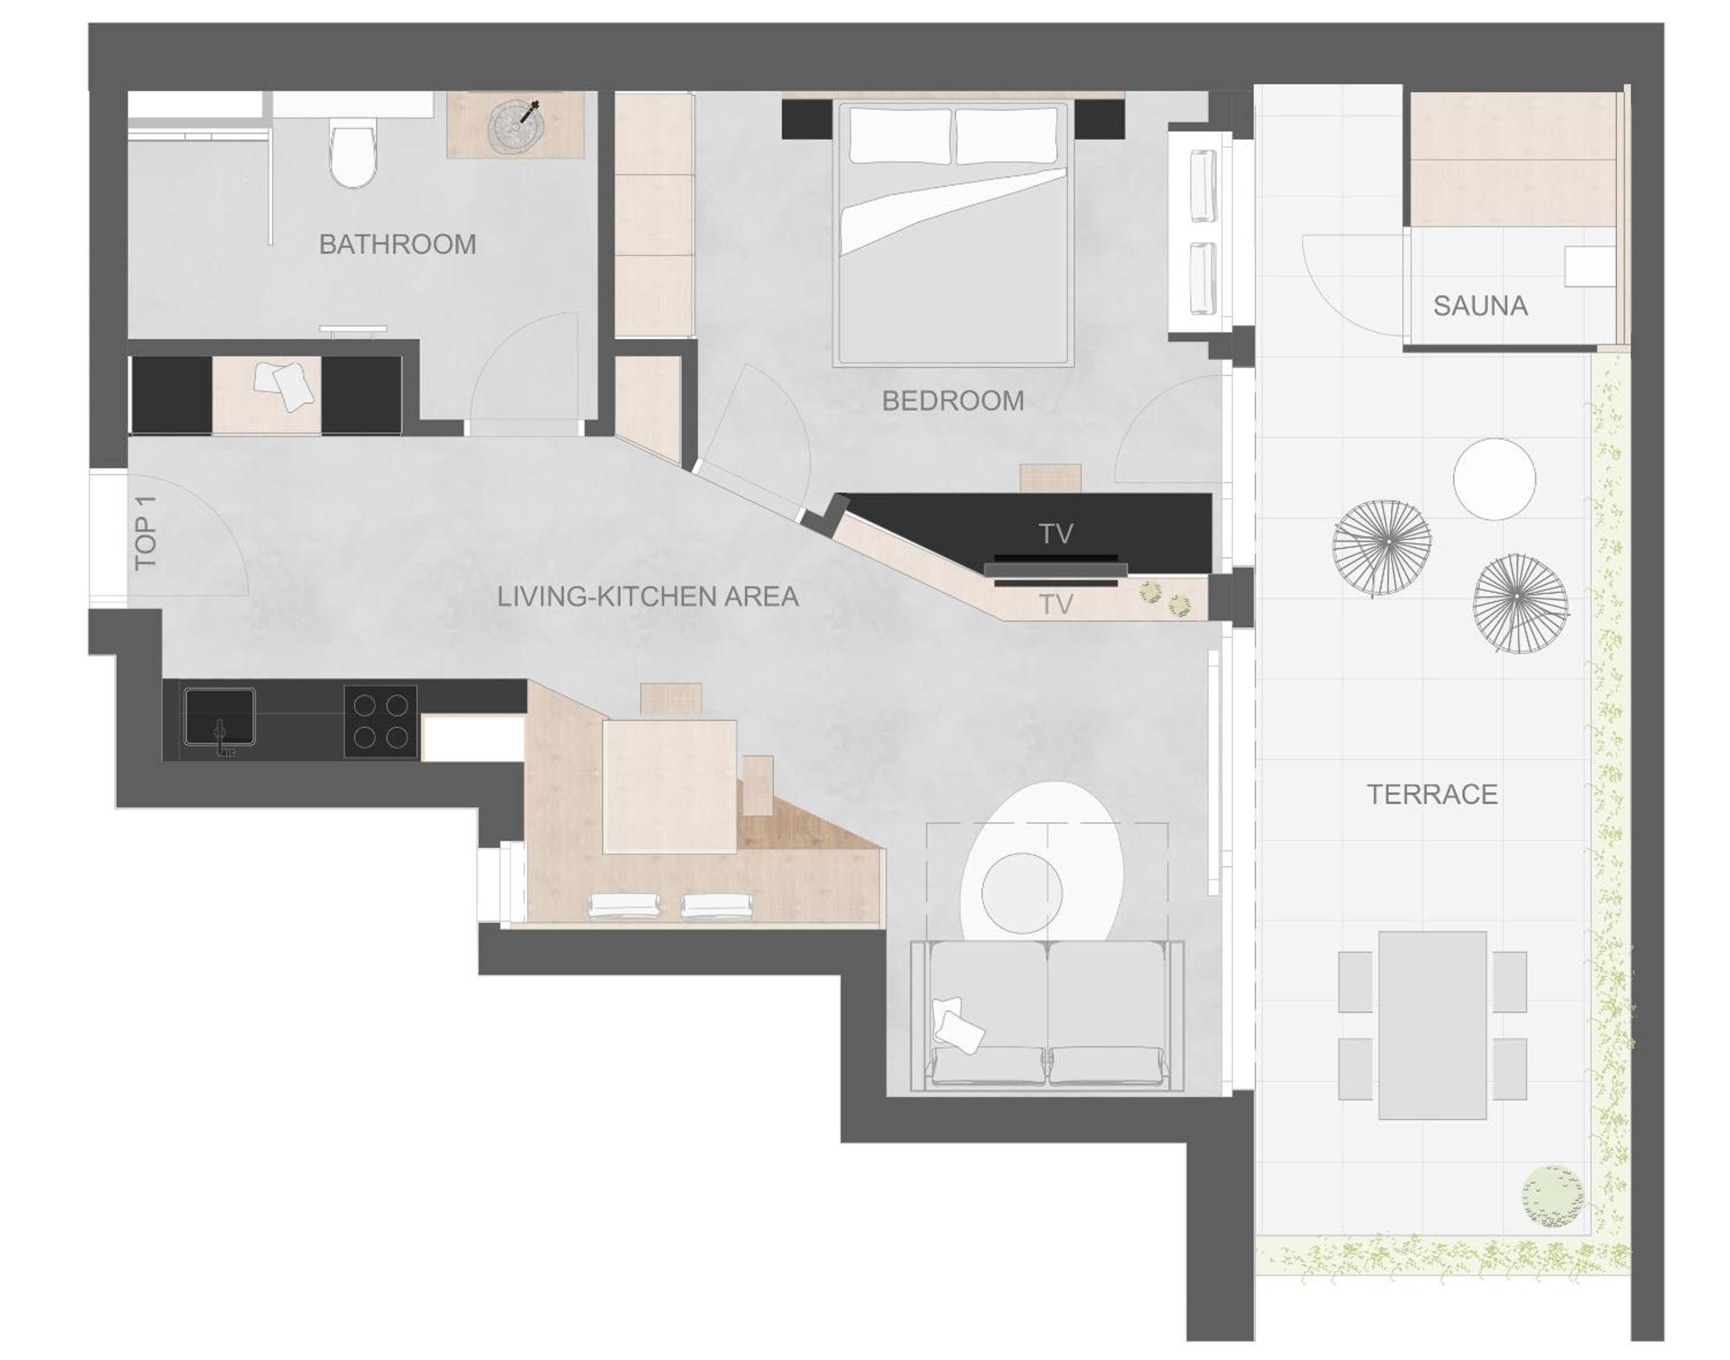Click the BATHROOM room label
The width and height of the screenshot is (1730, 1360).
click(x=397, y=244)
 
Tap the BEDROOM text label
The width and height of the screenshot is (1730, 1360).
click(x=953, y=400)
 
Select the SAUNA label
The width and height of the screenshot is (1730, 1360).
click(x=1480, y=306)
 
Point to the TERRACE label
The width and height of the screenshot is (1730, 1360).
click(x=1433, y=794)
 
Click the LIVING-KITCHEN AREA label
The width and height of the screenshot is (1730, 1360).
click(x=648, y=596)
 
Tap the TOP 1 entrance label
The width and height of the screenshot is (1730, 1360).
click(x=146, y=532)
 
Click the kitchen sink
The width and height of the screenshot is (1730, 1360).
click(x=220, y=718)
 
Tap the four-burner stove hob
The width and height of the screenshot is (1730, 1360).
click(x=381, y=721)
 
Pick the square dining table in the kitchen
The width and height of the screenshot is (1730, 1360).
click(x=669, y=787)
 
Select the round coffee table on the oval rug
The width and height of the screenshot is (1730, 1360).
click(x=1022, y=892)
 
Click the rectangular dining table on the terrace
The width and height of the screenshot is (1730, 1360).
click(x=1433, y=1025)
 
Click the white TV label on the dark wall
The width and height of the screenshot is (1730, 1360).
click(x=1056, y=534)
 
